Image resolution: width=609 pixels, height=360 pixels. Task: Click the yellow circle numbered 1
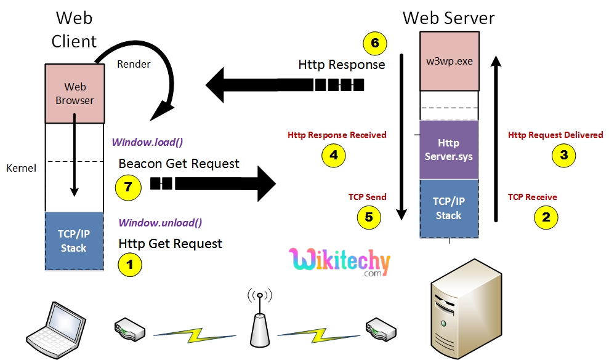(x=129, y=265)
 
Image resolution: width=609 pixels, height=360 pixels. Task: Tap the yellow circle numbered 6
(x=374, y=44)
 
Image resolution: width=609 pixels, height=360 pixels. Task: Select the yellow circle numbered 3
(x=563, y=155)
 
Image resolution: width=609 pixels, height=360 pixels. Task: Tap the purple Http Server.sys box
(x=448, y=150)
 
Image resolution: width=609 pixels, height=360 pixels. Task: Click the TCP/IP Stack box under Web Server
(x=448, y=209)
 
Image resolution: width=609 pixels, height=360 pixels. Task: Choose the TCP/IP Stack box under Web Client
(x=74, y=241)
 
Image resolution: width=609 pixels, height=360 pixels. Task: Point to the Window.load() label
(x=147, y=142)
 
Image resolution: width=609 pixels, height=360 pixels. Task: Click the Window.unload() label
(x=160, y=223)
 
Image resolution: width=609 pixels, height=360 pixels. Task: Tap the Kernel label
(x=21, y=167)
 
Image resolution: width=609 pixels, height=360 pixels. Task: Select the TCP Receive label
(x=532, y=197)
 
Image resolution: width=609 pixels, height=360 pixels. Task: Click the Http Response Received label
(x=337, y=135)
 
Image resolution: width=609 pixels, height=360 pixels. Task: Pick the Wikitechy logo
(x=339, y=262)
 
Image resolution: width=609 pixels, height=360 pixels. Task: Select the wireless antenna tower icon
(x=260, y=320)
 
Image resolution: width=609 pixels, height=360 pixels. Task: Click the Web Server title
(x=448, y=17)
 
